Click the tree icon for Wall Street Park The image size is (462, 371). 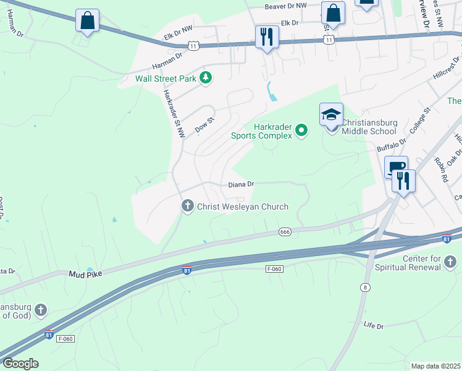[x=206, y=78]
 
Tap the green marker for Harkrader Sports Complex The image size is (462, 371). [x=301, y=130]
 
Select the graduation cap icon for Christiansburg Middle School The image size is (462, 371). [x=331, y=115]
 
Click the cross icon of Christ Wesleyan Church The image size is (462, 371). [x=188, y=207]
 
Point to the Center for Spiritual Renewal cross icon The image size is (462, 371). [x=450, y=263]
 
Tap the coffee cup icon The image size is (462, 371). [x=395, y=167]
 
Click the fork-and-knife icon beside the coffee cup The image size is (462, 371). [x=404, y=181]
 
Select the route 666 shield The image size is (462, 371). [x=285, y=232]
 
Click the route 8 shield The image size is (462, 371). [x=365, y=288]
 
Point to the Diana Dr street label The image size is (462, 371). [x=241, y=184]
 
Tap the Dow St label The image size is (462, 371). [x=204, y=124]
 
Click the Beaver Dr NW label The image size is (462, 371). [x=285, y=6]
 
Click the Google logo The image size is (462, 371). [x=20, y=364]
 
